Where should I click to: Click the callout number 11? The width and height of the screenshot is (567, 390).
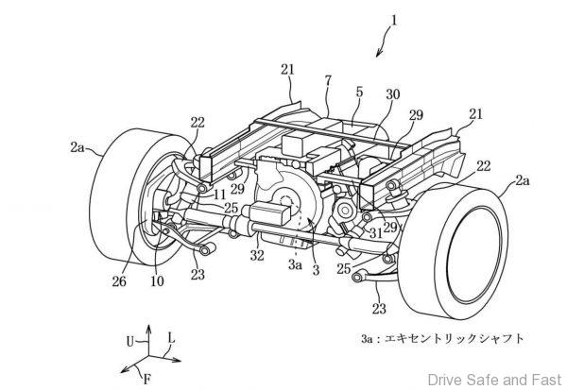[219, 195]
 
